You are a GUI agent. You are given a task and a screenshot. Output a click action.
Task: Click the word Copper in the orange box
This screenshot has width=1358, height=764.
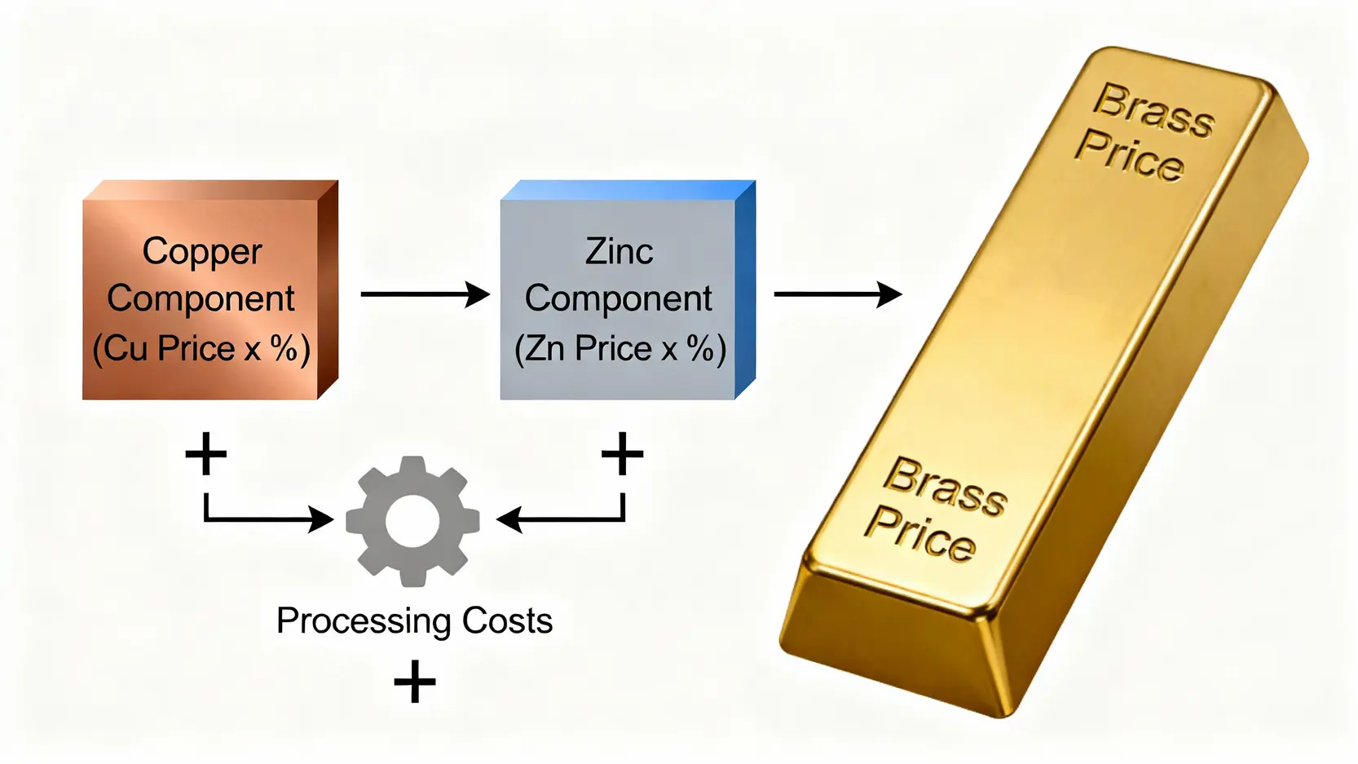[202, 252]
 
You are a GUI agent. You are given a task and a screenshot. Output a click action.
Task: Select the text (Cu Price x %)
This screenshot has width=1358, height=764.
[201, 349]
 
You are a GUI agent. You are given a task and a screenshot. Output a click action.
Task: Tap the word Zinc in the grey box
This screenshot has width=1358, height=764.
[619, 252]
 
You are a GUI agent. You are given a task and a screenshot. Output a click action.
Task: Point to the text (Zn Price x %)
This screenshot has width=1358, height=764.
[619, 349]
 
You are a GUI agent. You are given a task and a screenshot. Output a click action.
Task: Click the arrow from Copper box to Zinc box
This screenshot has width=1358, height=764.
[424, 294]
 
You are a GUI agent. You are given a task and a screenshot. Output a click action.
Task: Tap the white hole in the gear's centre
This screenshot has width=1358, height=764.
[412, 520]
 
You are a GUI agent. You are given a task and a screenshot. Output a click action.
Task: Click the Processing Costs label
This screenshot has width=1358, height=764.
[414, 621]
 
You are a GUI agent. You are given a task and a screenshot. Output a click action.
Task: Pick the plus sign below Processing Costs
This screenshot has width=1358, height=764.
[414, 682]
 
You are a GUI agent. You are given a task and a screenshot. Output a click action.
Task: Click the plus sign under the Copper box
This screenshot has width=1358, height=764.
[205, 453]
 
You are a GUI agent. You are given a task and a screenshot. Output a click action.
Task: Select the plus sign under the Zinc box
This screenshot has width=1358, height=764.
[623, 453]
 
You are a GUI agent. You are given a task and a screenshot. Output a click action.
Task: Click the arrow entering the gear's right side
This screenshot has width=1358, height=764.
[562, 518]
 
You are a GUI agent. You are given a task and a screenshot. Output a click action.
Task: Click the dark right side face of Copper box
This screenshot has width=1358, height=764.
[328, 289]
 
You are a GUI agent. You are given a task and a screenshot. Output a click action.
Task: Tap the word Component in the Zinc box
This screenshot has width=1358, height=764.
[619, 299]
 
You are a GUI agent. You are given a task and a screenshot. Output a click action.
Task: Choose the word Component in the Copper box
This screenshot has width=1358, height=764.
[201, 299]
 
